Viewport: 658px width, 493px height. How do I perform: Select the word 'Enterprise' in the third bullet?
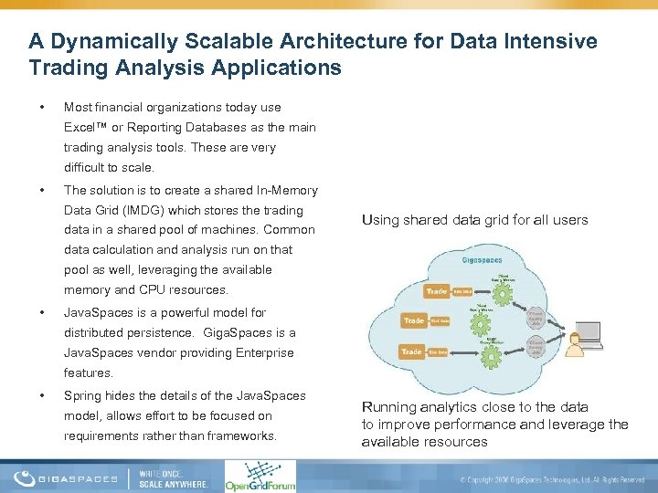261,352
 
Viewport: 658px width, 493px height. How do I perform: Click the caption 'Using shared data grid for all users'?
474,219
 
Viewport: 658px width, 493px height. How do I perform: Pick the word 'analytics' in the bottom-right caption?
447,407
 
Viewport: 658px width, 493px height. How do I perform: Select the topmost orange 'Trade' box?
437,291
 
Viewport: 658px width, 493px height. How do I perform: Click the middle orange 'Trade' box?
415,320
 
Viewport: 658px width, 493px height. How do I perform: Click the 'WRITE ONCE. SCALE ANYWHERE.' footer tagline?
173,477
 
